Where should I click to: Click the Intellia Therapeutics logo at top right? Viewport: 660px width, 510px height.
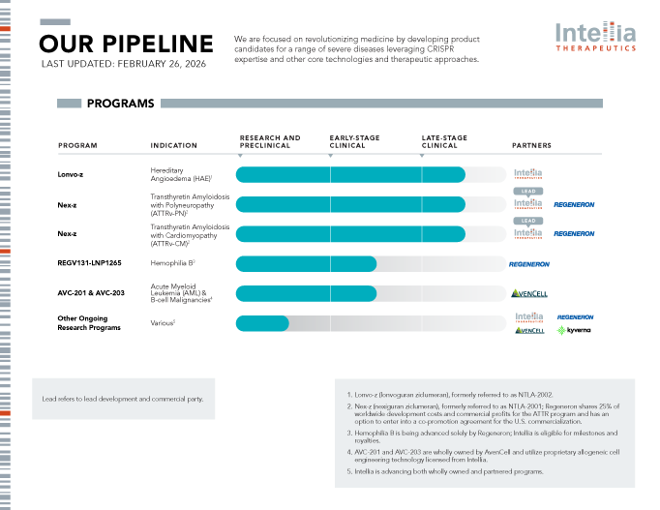tap(595, 36)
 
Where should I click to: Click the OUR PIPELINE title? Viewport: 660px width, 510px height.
tap(126, 44)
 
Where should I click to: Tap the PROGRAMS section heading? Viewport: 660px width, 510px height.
tap(120, 104)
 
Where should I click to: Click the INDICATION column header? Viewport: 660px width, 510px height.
tap(174, 146)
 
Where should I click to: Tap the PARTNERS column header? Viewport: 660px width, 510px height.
tap(531, 146)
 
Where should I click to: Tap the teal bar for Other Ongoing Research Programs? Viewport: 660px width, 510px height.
tap(262, 323)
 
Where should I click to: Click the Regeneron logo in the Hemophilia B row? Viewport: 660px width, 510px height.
tap(529, 264)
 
